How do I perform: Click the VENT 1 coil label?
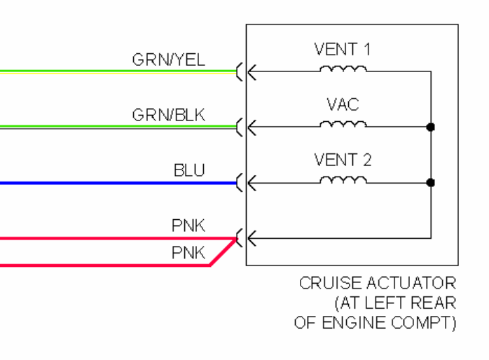pyautogui.click(x=343, y=50)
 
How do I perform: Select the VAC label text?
pyautogui.click(x=343, y=105)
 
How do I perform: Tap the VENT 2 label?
pyautogui.click(x=343, y=160)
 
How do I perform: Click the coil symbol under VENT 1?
pyautogui.click(x=343, y=69)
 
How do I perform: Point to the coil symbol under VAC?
pyautogui.click(x=343, y=125)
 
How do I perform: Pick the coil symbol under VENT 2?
pyautogui.click(x=343, y=181)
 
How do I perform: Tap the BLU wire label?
pyautogui.click(x=189, y=170)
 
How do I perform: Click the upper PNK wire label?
pyautogui.click(x=188, y=226)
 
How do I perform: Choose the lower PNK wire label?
pyautogui.click(x=188, y=253)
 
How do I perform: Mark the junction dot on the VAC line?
pyautogui.click(x=430, y=127)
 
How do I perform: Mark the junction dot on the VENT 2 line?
pyautogui.click(x=430, y=183)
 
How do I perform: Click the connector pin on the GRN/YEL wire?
pyautogui.click(x=242, y=71)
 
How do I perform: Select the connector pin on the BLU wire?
pyautogui.click(x=242, y=183)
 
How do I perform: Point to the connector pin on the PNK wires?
pyautogui.click(x=242, y=239)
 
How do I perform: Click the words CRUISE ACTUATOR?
pyautogui.click(x=378, y=284)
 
